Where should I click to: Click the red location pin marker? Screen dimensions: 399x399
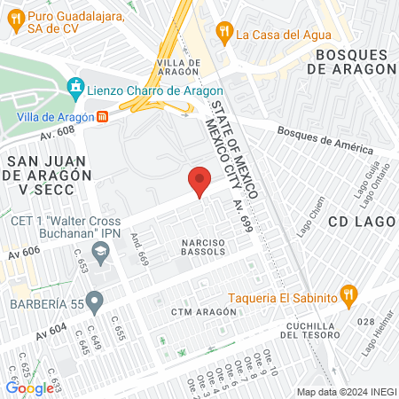tap(200, 181)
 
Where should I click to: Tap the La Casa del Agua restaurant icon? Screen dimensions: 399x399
tap(225, 35)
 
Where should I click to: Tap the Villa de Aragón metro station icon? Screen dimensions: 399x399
tap(103, 116)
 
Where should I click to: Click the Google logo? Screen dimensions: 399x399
tap(29, 387)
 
